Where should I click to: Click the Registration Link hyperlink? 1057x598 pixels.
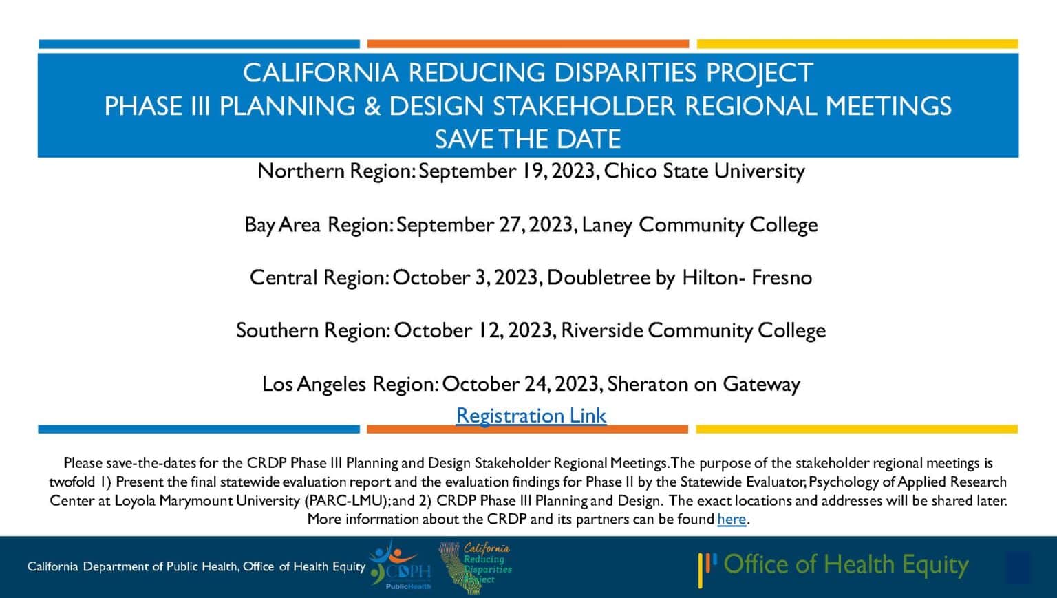point(531,416)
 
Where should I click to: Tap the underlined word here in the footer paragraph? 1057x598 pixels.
point(732,519)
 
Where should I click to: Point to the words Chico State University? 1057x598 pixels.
point(704,171)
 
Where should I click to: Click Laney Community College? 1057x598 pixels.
point(700,224)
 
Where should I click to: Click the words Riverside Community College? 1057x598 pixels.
point(693,330)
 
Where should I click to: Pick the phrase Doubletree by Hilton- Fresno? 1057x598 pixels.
point(679,277)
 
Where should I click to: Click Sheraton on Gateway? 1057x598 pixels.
point(703,384)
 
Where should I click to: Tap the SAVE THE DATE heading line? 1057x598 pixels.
point(528,139)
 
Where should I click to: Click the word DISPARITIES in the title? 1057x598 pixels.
point(625,73)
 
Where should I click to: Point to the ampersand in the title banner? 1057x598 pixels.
point(372,106)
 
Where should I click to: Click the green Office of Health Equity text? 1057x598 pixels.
point(846,564)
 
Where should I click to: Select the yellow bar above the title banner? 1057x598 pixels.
point(857,44)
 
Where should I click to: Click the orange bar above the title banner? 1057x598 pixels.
point(528,44)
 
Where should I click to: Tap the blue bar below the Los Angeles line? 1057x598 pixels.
point(199,429)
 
